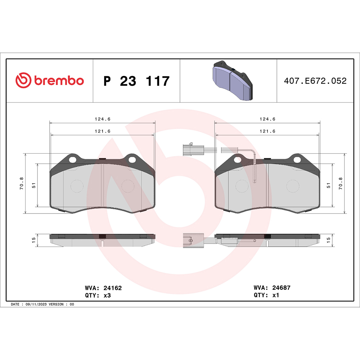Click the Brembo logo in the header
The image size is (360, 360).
click(x=50, y=80)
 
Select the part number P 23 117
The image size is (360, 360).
click(x=136, y=81)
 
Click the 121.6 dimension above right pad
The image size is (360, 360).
click(x=267, y=131)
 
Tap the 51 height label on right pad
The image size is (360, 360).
click(x=328, y=185)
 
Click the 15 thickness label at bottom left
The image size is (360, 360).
click(x=33, y=240)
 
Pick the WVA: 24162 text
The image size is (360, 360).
click(x=103, y=288)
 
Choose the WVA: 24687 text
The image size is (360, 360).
click(x=272, y=288)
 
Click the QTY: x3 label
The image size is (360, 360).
click(x=98, y=295)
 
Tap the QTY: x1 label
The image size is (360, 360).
click(x=266, y=295)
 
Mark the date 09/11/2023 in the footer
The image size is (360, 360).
click(x=35, y=304)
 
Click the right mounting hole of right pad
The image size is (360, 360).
click(x=298, y=159)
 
